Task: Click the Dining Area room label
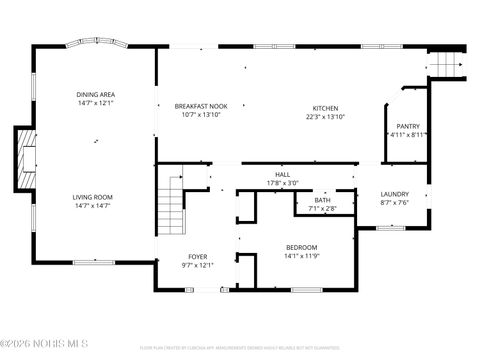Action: (x=95, y=94)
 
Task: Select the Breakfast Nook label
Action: (x=196, y=107)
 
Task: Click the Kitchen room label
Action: (x=325, y=108)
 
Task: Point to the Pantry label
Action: (x=407, y=126)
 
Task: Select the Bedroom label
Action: (x=301, y=247)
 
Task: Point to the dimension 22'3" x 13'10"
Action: (x=325, y=117)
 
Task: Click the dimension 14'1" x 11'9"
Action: (x=301, y=256)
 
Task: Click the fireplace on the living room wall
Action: (x=24, y=159)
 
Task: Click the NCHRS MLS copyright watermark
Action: (x=45, y=347)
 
